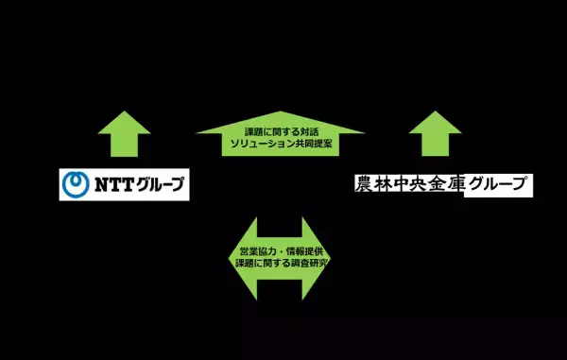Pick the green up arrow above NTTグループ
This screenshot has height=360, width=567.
(x=123, y=133)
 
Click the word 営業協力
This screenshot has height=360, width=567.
(x=251, y=254)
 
